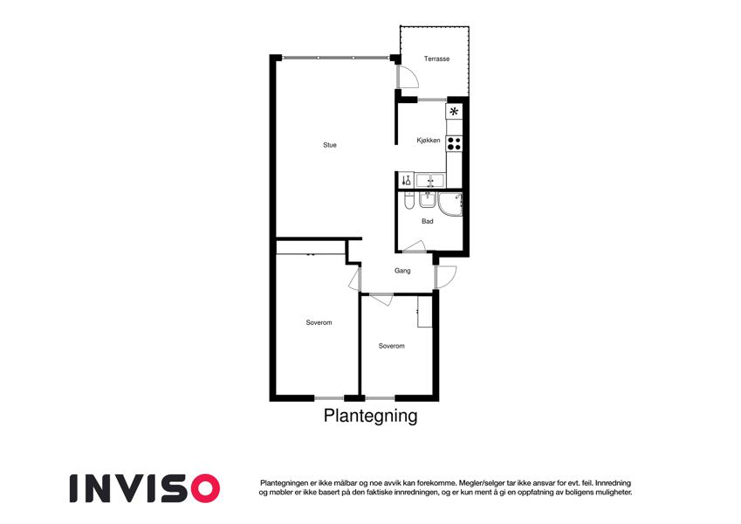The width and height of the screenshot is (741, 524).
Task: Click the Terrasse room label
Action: pos(436,59)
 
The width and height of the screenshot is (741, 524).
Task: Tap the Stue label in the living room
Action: pos(330,145)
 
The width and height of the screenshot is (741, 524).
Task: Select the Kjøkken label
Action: pos(429,140)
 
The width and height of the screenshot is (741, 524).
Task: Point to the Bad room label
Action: pos(427,221)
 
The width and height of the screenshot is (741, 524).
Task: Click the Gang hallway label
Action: pos(402,271)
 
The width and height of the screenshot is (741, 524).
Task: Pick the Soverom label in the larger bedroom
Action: pos(319,322)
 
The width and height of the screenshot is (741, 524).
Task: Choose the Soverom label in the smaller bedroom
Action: pos(392,346)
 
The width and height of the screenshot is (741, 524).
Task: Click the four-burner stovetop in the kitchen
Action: pos(454,143)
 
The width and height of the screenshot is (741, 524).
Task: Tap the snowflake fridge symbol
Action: pos(454,112)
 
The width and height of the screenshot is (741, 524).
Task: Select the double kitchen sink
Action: pos(430,180)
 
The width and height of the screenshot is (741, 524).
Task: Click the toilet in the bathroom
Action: pos(408,201)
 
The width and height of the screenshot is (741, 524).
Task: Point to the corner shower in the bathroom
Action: pos(450,203)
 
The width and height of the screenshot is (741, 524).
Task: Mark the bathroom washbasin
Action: pos(426,200)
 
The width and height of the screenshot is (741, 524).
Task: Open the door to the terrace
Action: pos(408,77)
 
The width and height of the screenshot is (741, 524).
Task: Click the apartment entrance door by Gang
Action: pos(445,277)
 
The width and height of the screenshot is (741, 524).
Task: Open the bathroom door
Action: pos(415,246)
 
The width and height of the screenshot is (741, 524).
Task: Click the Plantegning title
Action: pos(370,416)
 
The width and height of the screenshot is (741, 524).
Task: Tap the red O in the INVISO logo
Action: pos(205,488)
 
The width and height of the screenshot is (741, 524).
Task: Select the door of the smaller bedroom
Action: pos(381,300)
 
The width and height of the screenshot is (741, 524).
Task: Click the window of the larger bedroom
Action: pos(329,398)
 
